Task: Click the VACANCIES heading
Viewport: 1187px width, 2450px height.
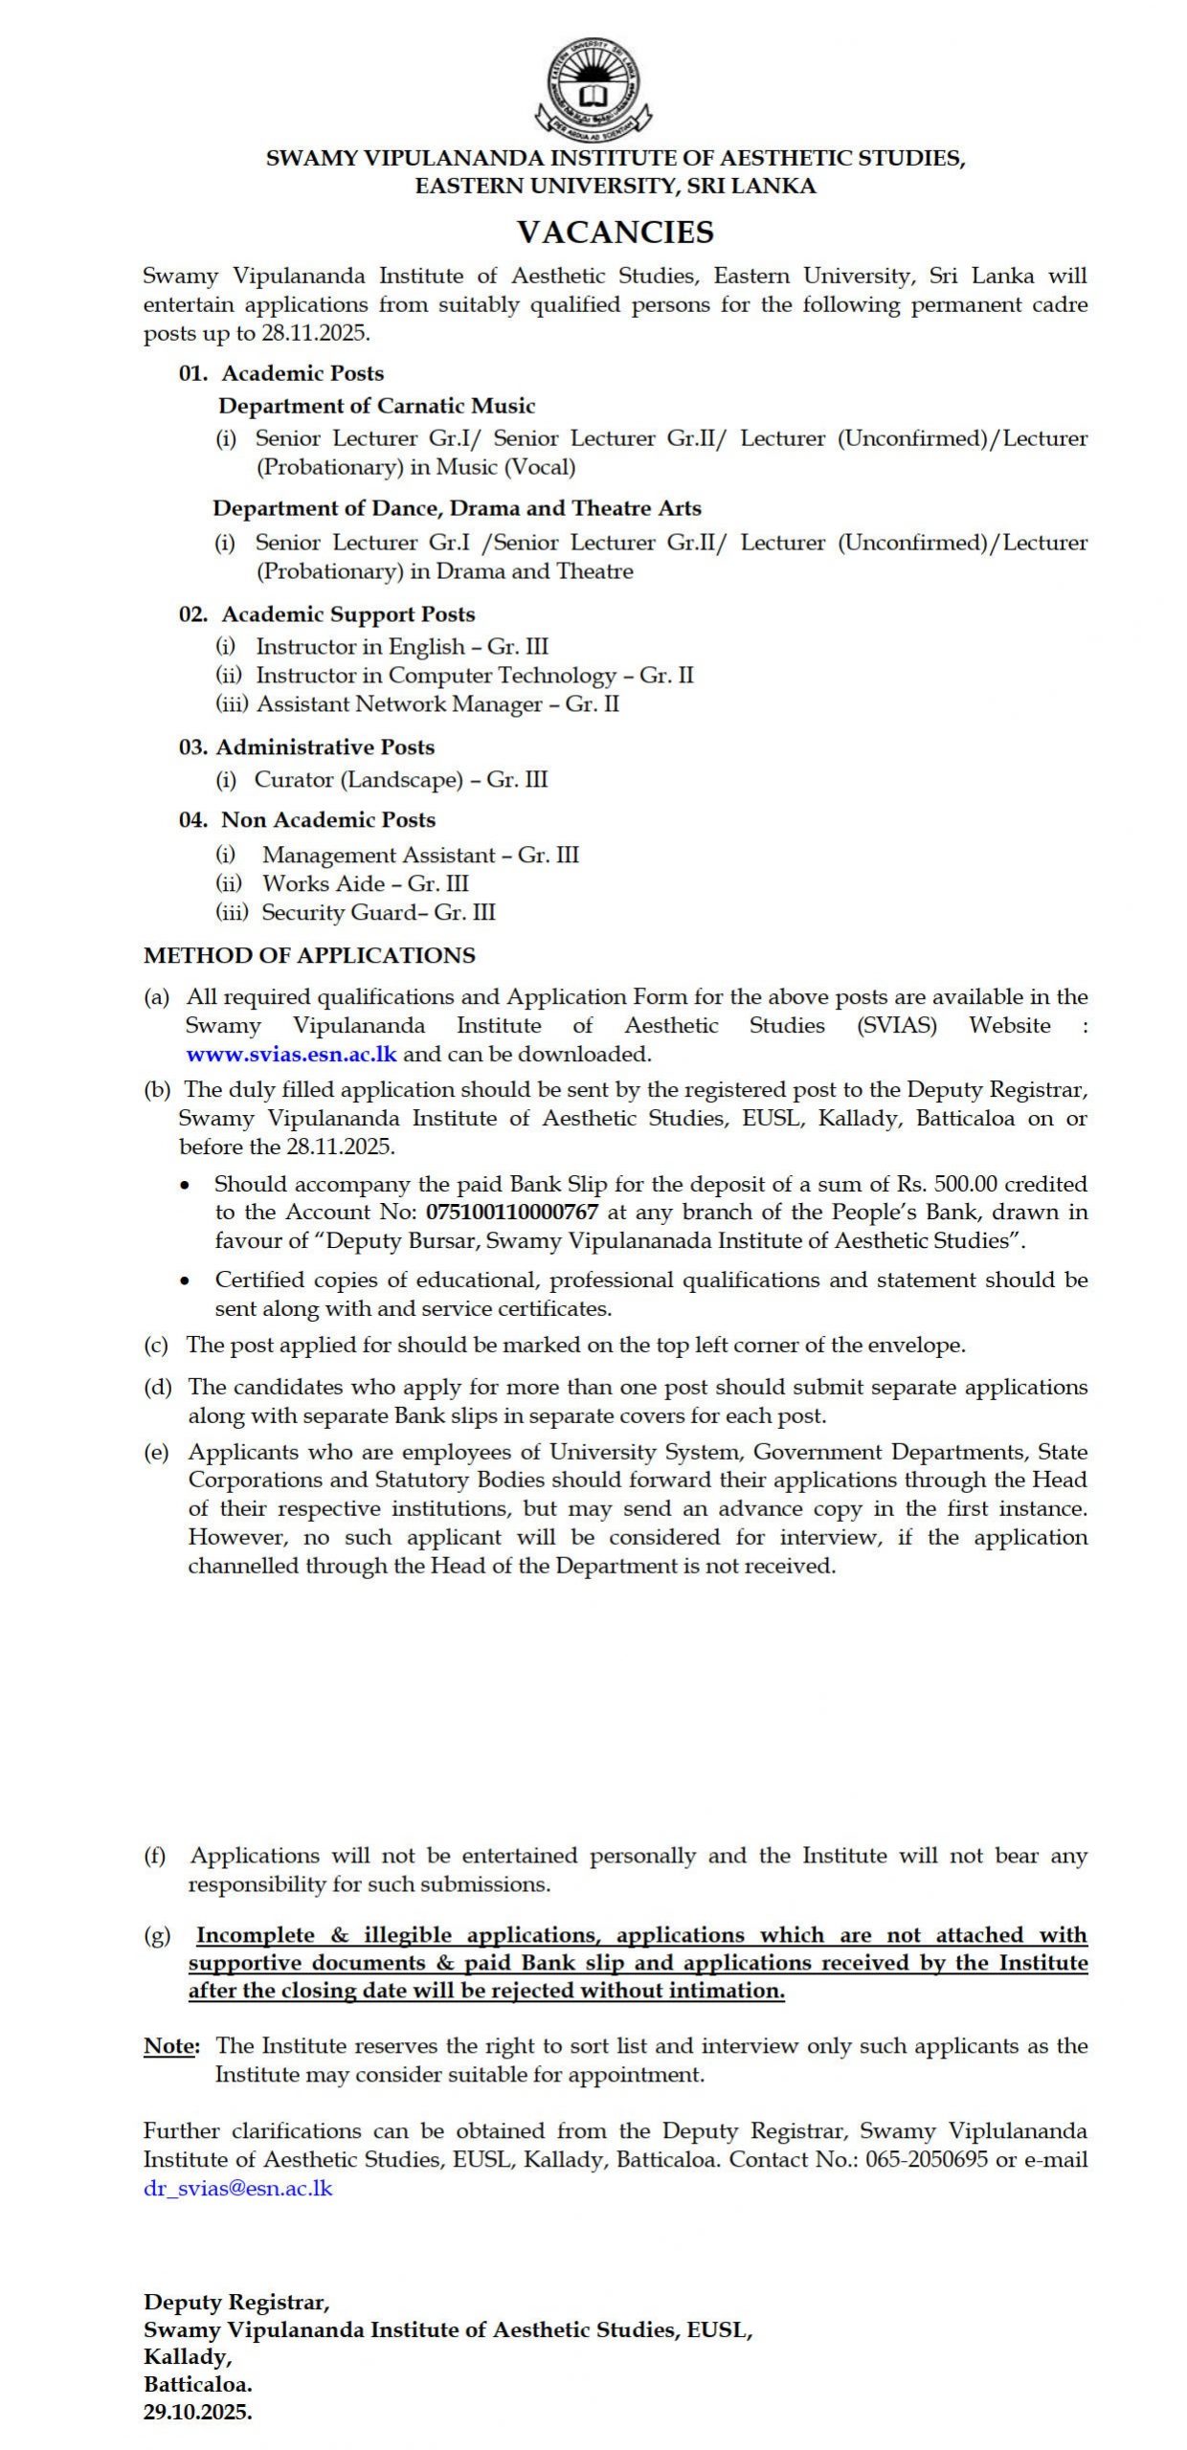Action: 616,232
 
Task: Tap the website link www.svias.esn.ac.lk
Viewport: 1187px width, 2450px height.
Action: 291,1054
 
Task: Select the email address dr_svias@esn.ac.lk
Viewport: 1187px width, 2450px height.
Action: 238,2189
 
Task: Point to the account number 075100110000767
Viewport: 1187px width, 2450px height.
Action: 512,1212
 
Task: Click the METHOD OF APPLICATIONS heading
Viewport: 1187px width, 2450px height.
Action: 309,955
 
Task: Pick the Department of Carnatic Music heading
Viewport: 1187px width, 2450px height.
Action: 376,406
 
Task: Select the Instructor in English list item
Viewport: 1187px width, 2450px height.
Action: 401,647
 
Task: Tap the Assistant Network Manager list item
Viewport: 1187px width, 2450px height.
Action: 437,704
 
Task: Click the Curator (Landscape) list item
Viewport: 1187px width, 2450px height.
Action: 400,780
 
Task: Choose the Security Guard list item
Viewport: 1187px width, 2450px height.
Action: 378,912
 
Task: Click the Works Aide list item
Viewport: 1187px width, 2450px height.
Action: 365,883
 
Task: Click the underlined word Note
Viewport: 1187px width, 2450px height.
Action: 171,2046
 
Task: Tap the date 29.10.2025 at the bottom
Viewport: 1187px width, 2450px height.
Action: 198,2413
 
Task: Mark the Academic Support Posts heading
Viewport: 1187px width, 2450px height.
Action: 347,614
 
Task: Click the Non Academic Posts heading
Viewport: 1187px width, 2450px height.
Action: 327,820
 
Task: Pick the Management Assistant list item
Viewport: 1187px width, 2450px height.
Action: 420,855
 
